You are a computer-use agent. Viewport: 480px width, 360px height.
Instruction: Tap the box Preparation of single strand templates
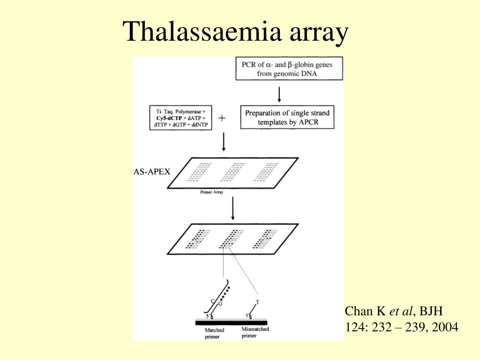(x=287, y=117)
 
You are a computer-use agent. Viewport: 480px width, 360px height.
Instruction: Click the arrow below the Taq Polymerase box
(x=224, y=142)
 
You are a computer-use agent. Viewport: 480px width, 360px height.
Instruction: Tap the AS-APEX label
(x=151, y=171)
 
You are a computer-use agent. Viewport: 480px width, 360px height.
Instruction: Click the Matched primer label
(x=214, y=333)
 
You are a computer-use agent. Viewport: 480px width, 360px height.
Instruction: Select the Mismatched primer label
(x=255, y=332)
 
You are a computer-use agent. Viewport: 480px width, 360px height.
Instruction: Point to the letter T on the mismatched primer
(x=257, y=302)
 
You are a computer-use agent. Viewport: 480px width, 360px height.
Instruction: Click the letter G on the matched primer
(x=220, y=304)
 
